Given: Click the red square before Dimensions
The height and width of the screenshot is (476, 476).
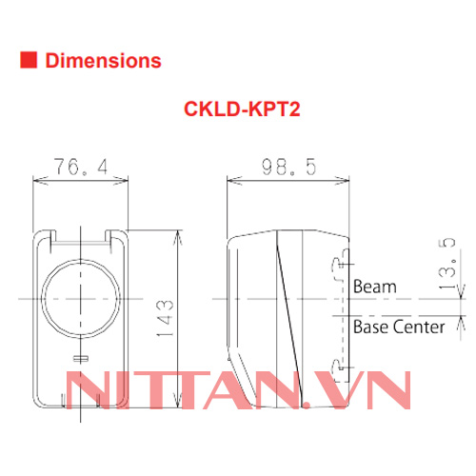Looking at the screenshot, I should [29, 61].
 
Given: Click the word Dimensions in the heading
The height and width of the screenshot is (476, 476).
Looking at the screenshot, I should [103, 61].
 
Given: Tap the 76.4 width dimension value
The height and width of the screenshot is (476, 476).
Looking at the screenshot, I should [81, 169].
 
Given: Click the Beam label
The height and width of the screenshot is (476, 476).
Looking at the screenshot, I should [374, 286].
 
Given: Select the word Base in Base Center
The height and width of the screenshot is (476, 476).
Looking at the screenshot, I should [369, 327].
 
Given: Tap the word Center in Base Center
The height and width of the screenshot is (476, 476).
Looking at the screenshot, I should [419, 327].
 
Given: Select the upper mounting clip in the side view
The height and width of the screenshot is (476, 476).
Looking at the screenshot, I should [334, 268].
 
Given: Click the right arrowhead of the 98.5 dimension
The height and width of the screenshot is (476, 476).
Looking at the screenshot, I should [345, 179].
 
